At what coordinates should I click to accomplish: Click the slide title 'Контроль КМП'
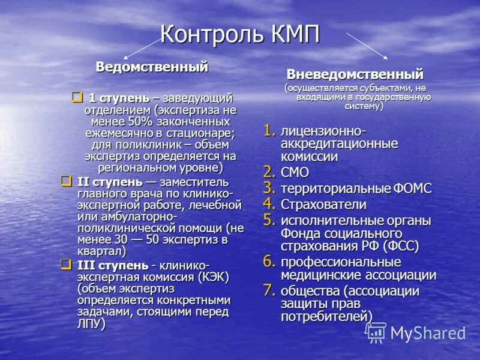click(x=240, y=34)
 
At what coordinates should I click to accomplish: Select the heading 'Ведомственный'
click(x=152, y=67)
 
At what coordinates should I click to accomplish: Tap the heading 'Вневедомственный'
click(x=355, y=75)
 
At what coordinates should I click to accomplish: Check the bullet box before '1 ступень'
click(x=77, y=97)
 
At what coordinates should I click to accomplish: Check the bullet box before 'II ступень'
click(x=65, y=181)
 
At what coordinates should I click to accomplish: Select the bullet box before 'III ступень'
click(x=65, y=265)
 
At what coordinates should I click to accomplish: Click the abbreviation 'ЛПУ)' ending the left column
click(x=91, y=324)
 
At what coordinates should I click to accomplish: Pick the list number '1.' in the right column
click(x=270, y=130)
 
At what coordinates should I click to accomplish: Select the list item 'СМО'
click(x=295, y=173)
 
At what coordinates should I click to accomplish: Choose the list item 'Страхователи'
click(x=323, y=204)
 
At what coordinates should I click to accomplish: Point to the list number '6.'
click(x=270, y=261)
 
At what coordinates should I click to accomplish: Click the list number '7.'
click(x=270, y=290)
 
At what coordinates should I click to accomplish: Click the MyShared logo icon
click(x=376, y=332)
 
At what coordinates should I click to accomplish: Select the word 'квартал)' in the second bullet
click(x=101, y=251)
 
